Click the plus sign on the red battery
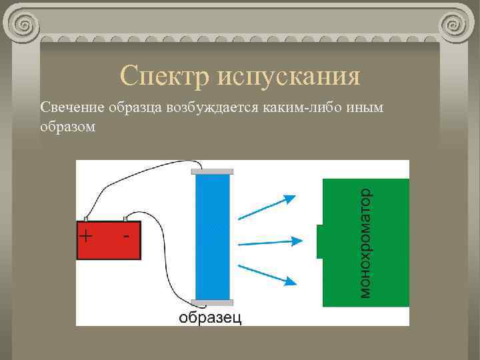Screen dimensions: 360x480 pyautogui.click(x=87, y=236)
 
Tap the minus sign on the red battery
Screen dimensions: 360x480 pyautogui.click(x=127, y=236)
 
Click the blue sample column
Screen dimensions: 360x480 pyautogui.click(x=212, y=237)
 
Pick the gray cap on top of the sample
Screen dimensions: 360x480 pyautogui.click(x=212, y=171)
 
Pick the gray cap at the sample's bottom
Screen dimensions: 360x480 pyautogui.click(x=212, y=303)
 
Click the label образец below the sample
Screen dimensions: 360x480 pyautogui.click(x=209, y=317)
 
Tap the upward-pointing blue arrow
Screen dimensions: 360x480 pyautogui.click(x=267, y=206)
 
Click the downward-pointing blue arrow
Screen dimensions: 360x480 pyautogui.click(x=267, y=274)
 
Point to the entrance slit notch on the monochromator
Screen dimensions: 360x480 pyautogui.click(x=320, y=241)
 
